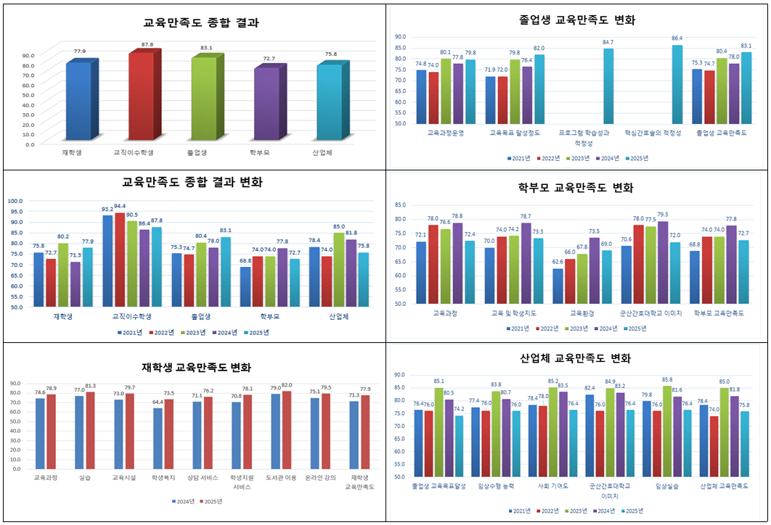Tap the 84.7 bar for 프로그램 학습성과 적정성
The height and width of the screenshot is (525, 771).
click(608, 86)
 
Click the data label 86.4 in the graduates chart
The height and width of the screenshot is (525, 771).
click(677, 38)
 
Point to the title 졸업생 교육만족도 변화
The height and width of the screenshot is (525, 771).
click(578, 20)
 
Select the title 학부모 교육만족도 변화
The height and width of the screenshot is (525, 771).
click(576, 188)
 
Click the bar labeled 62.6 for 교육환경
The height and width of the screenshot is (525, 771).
click(558, 286)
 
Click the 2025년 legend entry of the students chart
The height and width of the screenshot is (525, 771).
click(211, 501)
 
